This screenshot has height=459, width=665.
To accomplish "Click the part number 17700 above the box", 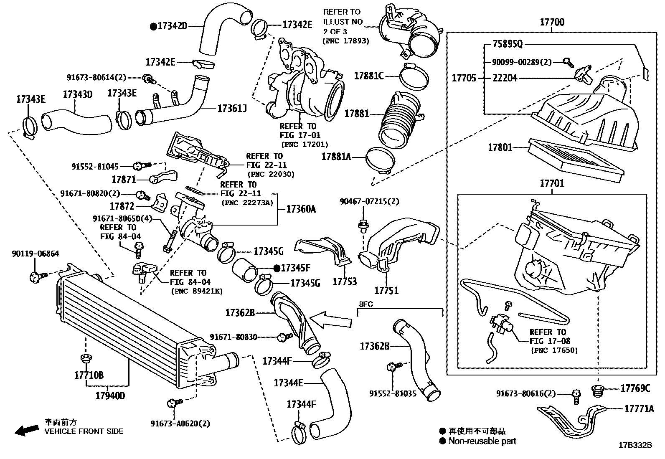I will pos(552,22).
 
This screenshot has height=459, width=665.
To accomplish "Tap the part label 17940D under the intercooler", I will pos(110,396).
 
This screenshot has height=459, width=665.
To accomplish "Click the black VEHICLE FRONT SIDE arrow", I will pos(26,430).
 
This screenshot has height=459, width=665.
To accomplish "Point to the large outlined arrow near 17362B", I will pos(331,321).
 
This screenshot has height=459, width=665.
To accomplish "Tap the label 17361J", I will pos(232,109).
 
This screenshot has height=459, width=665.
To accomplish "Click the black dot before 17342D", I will pos(153,26).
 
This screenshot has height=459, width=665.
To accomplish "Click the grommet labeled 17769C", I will pos(598,392).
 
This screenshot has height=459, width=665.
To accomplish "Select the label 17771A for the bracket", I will pos(639,409).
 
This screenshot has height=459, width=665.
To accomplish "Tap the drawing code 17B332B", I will pos(635,445).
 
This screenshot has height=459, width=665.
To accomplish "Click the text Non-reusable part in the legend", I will pos(482,441).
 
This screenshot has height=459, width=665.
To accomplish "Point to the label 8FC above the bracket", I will pos(365,304).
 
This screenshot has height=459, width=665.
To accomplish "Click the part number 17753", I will pos(345,281).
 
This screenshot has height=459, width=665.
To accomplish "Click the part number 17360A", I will pos(301,209).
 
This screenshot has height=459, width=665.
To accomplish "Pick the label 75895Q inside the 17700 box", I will pos(507,44).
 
